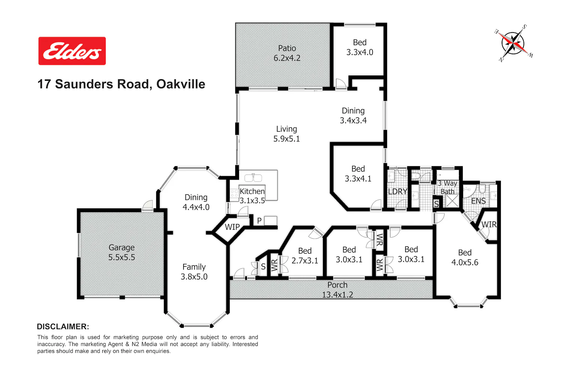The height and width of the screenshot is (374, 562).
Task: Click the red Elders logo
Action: click(x=72, y=51)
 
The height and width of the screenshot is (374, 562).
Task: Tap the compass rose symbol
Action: click(x=513, y=43)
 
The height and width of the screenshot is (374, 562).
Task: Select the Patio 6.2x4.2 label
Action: click(x=287, y=53)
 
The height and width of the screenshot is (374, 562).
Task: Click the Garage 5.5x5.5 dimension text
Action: click(x=121, y=257)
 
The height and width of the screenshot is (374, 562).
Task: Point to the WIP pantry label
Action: click(x=232, y=227)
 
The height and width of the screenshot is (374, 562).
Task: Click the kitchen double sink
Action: click(x=253, y=178)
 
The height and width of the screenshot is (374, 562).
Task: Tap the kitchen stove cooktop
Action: click(x=234, y=194)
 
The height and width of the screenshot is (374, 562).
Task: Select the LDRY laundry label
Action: click(x=398, y=191)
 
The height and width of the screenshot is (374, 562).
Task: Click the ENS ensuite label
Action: click(x=478, y=201)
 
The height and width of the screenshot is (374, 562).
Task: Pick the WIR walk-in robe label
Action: click(x=489, y=224)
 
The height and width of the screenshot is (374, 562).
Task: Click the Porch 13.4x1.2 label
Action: click(x=338, y=289)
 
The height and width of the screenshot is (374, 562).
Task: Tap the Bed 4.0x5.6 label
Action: click(x=465, y=257)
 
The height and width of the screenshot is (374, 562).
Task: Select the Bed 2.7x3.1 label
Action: click(x=305, y=255)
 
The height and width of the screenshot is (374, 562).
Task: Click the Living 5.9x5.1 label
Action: click(x=287, y=134)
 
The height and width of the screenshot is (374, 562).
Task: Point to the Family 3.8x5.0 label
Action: click(x=194, y=272)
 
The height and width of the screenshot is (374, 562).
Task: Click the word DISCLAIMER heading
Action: click(x=63, y=327)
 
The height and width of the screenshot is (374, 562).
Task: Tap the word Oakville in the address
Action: click(x=181, y=84)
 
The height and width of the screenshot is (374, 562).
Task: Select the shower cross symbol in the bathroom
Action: click(x=452, y=201)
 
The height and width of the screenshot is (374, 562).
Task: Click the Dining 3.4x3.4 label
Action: click(x=353, y=116)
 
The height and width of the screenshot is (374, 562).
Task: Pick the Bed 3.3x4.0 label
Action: click(x=360, y=47)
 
